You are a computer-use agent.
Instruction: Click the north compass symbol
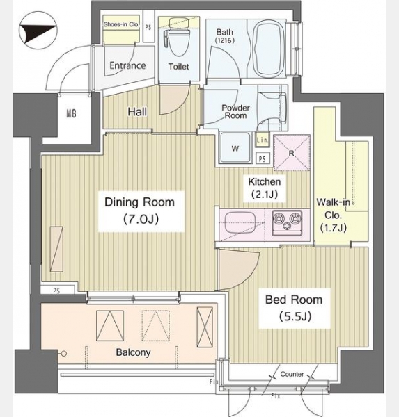(38, 31)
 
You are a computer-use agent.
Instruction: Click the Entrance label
(127, 65)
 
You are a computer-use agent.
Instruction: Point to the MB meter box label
(71, 113)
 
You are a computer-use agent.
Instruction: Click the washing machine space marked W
(235, 147)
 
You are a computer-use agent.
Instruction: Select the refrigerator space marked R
(292, 153)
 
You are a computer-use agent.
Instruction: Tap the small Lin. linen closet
(263, 140)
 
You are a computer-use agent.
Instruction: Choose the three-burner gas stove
(287, 222)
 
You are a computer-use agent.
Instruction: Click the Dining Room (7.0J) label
(140, 211)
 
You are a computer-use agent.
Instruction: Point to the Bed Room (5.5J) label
(294, 308)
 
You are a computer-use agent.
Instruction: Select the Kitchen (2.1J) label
(265, 188)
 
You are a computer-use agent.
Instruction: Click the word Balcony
(133, 352)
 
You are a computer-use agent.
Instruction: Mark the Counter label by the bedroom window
(292, 374)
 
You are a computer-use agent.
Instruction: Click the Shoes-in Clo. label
(121, 24)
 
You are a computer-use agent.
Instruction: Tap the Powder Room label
(235, 112)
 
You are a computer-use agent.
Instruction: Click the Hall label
(137, 112)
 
